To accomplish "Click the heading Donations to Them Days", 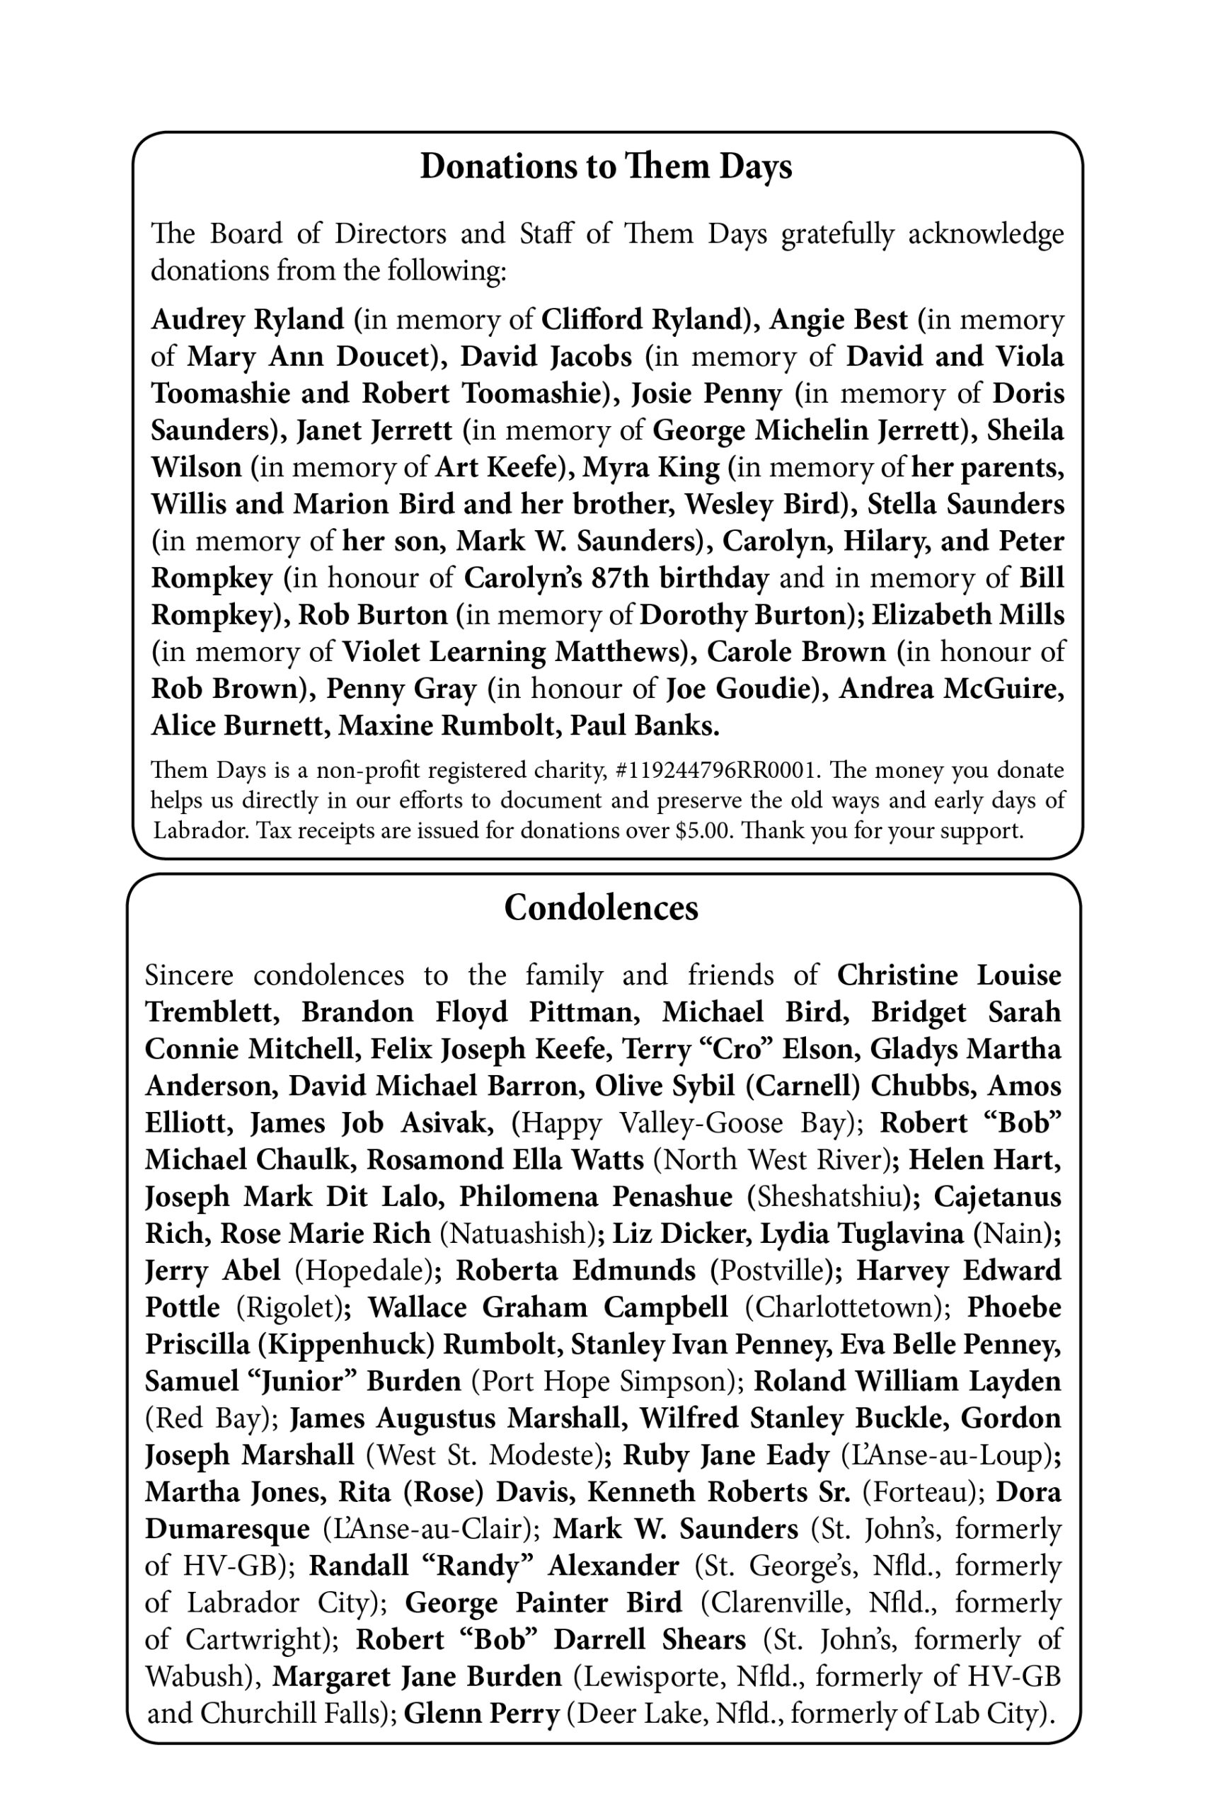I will click(606, 167).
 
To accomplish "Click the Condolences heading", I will click(601, 907).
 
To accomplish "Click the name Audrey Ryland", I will click(247, 320).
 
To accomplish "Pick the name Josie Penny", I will click(706, 394).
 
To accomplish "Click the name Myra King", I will click(651, 468).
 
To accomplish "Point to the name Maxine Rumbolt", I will click(447, 726).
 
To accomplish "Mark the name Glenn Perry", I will click(481, 1714).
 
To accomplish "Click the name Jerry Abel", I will click(212, 1271).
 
